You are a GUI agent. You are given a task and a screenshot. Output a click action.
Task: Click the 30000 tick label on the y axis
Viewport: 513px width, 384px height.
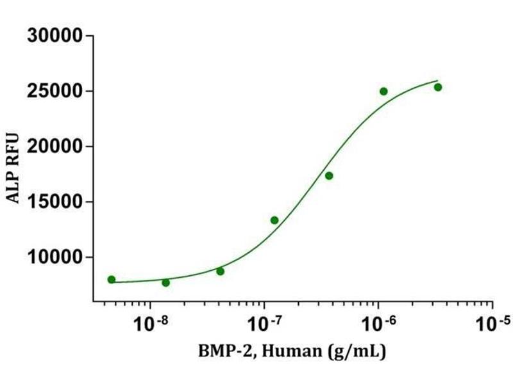pyautogui.click(x=55, y=36)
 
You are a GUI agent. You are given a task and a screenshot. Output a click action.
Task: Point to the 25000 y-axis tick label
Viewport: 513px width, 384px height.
pyautogui.click(x=55, y=92)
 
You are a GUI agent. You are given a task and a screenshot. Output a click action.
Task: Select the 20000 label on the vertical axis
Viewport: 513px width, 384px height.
pyautogui.click(x=55, y=147)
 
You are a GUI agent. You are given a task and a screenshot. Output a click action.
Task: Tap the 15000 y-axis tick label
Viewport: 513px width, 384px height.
pyautogui.click(x=55, y=202)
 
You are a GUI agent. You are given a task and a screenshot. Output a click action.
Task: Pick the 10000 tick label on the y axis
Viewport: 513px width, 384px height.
pyautogui.click(x=55, y=257)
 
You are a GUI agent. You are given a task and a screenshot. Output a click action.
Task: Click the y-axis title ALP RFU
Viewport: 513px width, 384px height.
pyautogui.click(x=13, y=168)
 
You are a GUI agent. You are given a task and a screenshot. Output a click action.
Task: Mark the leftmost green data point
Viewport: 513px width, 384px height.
pyautogui.click(x=112, y=280)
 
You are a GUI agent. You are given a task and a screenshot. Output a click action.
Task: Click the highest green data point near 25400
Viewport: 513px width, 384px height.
pyautogui.click(x=438, y=87)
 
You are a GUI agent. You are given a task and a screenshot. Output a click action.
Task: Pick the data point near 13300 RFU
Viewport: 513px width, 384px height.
pyautogui.click(x=274, y=220)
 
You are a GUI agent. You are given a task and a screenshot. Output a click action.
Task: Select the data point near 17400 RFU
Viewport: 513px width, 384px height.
pyautogui.click(x=329, y=175)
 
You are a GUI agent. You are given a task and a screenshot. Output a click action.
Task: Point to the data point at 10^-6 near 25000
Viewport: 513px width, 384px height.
pyautogui.click(x=383, y=91)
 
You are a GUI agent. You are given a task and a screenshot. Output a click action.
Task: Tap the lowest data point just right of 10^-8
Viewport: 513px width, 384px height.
pyautogui.click(x=166, y=282)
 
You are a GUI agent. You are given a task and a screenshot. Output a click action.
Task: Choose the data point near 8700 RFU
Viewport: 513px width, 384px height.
pyautogui.click(x=220, y=271)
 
